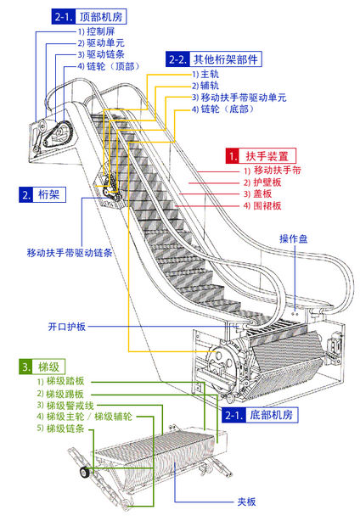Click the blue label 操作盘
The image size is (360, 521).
coord(294,238)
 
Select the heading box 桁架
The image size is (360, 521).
coord(42,194)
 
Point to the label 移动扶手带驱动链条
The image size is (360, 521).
coord(70,253)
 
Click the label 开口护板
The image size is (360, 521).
coord(67,327)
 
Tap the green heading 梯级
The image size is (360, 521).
coord(42,367)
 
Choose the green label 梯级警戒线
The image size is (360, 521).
coord(65,406)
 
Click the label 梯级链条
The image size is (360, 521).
coord(60,429)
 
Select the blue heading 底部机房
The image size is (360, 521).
coord(260,415)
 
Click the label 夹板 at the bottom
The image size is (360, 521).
coord(246,501)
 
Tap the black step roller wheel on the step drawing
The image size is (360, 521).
coord(85,472)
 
